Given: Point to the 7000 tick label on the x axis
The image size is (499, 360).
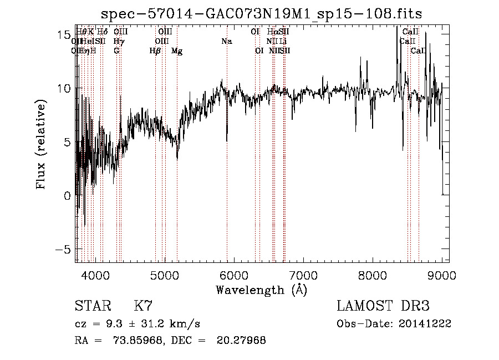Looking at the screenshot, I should pos(303,275).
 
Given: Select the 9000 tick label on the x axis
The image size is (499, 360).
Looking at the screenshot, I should pos(442,275).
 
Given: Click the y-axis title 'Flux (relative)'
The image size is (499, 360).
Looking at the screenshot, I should pos(41,145).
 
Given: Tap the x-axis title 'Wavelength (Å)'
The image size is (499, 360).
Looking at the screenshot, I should pos(261,290).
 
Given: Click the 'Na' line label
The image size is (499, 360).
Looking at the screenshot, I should pos(226,42).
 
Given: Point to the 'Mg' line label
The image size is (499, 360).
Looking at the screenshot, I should pos(177,51).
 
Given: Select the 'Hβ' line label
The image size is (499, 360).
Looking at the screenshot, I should pos(155,51).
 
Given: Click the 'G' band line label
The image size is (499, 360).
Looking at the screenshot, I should pos(116,51).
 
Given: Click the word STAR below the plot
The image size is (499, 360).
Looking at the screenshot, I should pos(93,306).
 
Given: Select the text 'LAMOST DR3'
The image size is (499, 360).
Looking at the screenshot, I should pos(383,306).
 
